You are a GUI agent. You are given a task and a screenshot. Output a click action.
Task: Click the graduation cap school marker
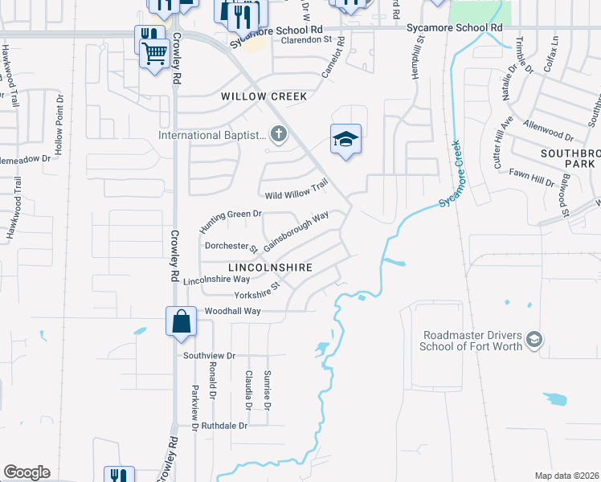(x=345, y=141)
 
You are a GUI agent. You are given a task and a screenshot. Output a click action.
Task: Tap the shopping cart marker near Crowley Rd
(x=154, y=54)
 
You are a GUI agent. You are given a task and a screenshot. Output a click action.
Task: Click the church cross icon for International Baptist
(x=278, y=134)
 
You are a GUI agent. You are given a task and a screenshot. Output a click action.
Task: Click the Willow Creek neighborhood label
(x=264, y=96)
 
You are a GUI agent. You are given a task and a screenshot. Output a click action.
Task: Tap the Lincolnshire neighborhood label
(x=269, y=267)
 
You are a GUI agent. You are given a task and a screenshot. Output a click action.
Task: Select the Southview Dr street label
(x=209, y=355)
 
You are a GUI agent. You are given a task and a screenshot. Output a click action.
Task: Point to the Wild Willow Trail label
(x=296, y=190)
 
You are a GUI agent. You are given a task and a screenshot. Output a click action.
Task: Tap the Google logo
(x=26, y=472)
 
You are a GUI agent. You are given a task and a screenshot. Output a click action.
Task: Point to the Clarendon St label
(x=305, y=39)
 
